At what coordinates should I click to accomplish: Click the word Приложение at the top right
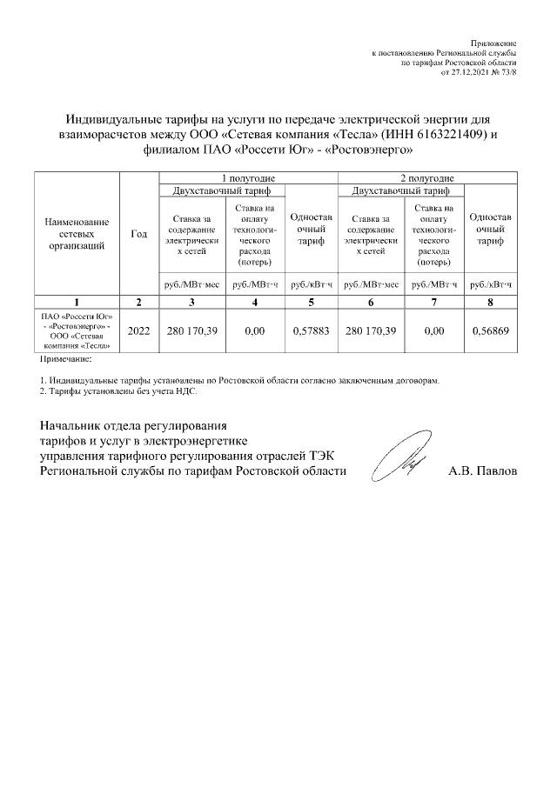click(x=493, y=43)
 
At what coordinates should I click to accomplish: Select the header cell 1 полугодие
click(x=248, y=177)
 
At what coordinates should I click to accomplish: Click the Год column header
click(x=138, y=234)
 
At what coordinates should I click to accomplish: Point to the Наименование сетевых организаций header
click(x=77, y=234)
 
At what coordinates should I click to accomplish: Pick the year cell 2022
click(x=138, y=331)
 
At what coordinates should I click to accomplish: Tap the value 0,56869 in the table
click(x=491, y=331)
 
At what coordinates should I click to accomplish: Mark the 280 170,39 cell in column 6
click(x=371, y=331)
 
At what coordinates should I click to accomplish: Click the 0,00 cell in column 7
click(x=433, y=331)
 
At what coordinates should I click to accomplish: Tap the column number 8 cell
click(x=491, y=302)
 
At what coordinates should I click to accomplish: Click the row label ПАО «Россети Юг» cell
click(x=77, y=331)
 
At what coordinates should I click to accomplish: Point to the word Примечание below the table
click(x=65, y=358)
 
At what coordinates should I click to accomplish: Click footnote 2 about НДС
click(x=118, y=392)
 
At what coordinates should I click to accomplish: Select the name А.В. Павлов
click(x=482, y=471)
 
